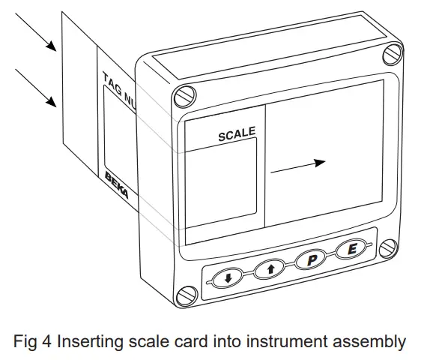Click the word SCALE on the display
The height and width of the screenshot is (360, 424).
coord(237,134)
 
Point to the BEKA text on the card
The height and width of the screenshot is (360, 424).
coord(116,183)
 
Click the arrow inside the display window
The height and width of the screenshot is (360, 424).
coord(298,166)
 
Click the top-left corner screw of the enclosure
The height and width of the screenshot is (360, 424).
coord(184,96)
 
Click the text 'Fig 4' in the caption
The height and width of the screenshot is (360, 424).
coord(33,341)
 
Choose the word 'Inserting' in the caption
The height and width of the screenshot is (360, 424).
coord(84,341)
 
